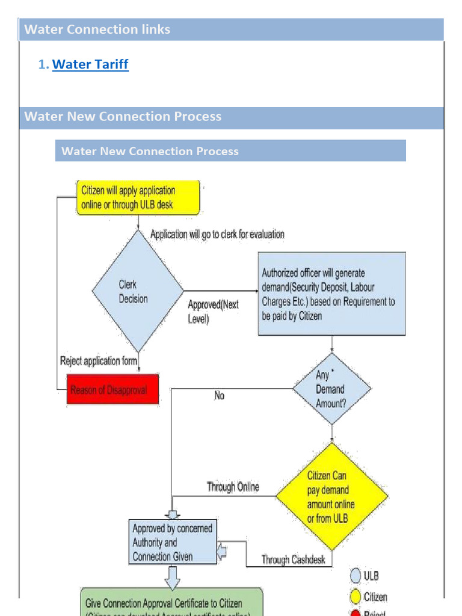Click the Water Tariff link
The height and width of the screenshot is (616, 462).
point(90,64)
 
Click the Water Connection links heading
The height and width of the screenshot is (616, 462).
point(97,29)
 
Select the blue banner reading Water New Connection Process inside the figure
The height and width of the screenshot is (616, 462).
point(230,151)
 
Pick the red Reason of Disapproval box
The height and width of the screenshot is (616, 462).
point(112,390)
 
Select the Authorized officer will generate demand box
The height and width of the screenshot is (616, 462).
point(331,294)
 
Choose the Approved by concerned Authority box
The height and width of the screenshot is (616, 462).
point(173,542)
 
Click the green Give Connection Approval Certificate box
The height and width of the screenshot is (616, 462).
point(171,603)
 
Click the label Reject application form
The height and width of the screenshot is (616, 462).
point(99,362)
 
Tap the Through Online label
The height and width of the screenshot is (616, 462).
point(233,487)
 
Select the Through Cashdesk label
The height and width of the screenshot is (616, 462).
point(293,559)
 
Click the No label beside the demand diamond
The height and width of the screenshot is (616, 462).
point(219,396)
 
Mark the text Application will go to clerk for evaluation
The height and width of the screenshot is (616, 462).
point(217,234)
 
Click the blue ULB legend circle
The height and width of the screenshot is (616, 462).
point(356,576)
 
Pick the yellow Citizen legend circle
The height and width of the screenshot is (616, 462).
point(356,597)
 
